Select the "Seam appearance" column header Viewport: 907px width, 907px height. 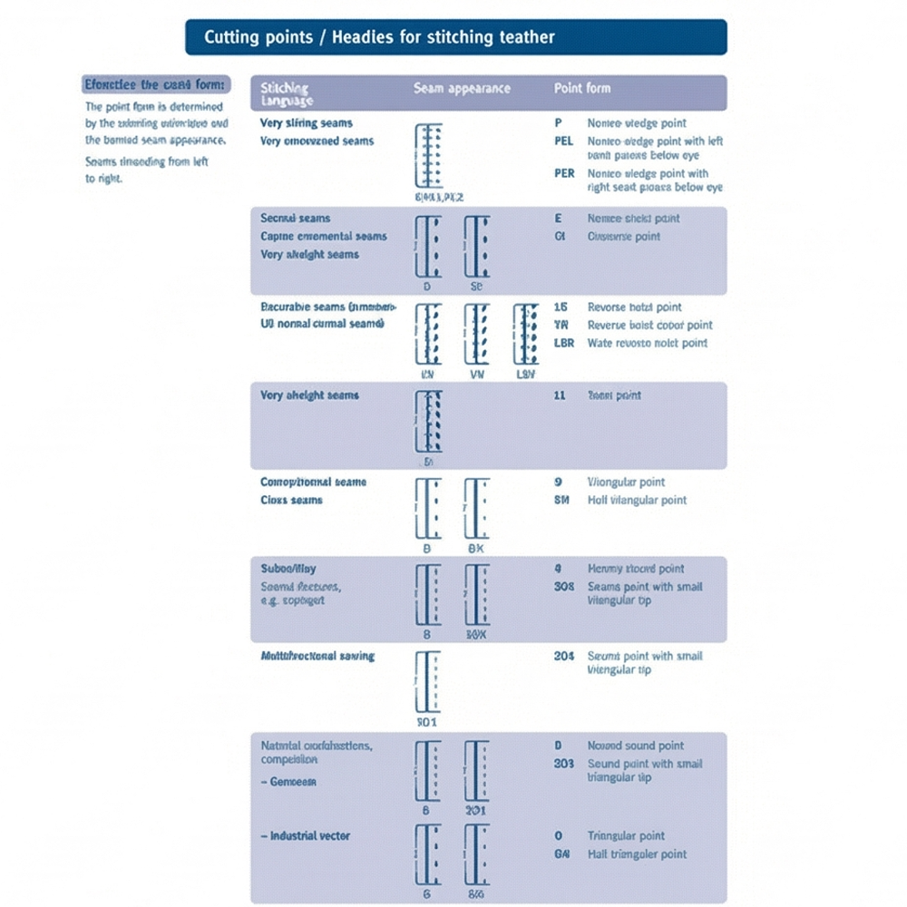coord(462,89)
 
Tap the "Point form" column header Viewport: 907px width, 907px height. coord(581,89)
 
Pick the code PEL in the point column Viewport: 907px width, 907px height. coord(564,141)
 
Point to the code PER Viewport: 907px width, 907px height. coord(564,173)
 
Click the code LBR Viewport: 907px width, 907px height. coord(564,344)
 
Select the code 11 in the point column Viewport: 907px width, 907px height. coord(560,395)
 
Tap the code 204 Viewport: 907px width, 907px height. coord(564,656)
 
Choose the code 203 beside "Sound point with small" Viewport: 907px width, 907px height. coord(564,764)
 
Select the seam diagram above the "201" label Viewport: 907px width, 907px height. coord(477,770)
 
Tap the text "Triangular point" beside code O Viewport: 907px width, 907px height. coord(626,836)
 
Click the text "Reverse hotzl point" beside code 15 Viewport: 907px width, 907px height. coord(635,307)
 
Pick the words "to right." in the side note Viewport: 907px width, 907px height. coord(104,179)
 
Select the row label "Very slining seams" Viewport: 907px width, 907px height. coord(307,123)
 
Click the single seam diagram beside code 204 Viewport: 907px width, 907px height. coord(427,681)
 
